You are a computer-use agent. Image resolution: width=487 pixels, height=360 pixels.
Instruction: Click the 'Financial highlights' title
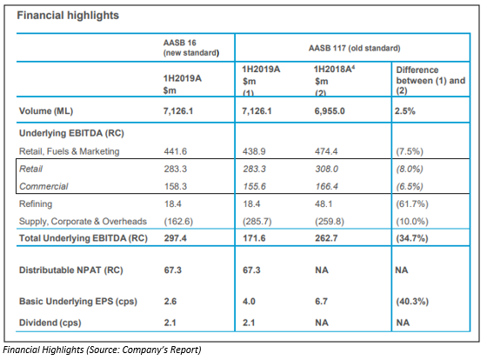pyautogui.click(x=68, y=16)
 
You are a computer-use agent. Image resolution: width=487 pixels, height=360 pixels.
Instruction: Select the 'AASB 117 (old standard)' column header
pyautogui.click(x=355, y=48)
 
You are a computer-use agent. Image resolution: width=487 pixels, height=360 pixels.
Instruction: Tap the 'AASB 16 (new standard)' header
pyautogui.click(x=191, y=48)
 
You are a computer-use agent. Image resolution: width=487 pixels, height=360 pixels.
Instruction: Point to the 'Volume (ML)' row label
pyautogui.click(x=46, y=111)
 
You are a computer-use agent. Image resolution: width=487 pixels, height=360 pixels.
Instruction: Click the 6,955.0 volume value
pyautogui.click(x=330, y=111)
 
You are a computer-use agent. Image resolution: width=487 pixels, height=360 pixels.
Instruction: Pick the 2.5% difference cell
pyautogui.click(x=404, y=111)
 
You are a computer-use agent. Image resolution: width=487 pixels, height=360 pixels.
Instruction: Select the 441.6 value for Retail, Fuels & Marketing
pyautogui.click(x=176, y=151)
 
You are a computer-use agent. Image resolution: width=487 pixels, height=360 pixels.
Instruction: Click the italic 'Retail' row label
pyautogui.click(x=30, y=169)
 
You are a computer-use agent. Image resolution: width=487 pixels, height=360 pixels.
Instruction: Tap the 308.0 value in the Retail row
pyautogui.click(x=326, y=169)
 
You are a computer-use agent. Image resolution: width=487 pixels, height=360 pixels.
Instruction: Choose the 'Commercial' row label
pyautogui.click(x=43, y=186)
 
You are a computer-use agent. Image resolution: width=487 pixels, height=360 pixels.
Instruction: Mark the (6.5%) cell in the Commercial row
pyautogui.click(x=410, y=186)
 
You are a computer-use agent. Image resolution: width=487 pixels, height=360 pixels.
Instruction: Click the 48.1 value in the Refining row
pyautogui.click(x=324, y=203)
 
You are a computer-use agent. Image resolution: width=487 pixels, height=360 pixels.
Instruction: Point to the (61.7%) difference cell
pyautogui.click(x=412, y=203)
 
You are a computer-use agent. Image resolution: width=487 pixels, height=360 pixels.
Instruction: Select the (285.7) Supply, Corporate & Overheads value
pyautogui.click(x=257, y=222)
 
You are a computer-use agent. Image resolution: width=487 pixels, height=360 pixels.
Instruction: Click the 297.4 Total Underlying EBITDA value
pyautogui.click(x=176, y=238)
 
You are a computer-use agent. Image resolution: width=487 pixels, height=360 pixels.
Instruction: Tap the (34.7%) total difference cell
pyautogui.click(x=412, y=238)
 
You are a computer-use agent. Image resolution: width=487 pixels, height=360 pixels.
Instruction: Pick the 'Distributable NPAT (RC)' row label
pyautogui.click(x=71, y=270)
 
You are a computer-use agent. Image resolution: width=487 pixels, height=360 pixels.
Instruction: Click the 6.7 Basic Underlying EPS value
pyautogui.click(x=321, y=301)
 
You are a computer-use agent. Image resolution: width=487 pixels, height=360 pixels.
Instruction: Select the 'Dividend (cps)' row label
pyautogui.click(x=50, y=323)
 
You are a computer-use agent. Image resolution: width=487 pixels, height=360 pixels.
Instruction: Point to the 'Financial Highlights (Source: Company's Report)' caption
pyautogui.click(x=103, y=350)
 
